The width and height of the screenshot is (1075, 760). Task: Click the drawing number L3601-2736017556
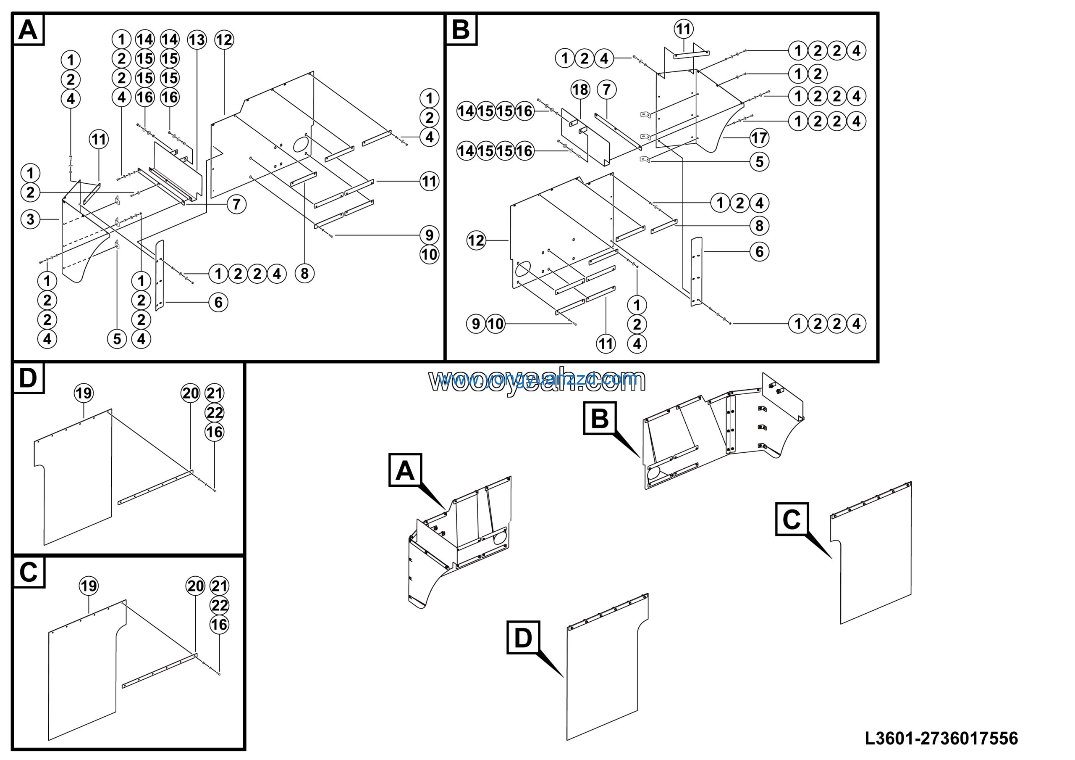click(x=941, y=739)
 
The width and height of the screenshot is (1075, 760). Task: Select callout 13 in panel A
click(x=197, y=40)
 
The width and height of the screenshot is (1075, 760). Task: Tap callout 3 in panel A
click(x=30, y=219)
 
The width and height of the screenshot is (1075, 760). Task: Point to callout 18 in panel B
click(x=580, y=90)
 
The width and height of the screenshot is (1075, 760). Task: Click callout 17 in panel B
click(x=759, y=138)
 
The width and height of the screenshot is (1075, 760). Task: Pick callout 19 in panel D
click(x=84, y=393)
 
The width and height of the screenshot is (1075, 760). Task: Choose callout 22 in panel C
click(x=219, y=605)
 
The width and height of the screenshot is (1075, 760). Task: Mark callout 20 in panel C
click(x=195, y=586)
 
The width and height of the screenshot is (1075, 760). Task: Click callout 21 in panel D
click(x=215, y=393)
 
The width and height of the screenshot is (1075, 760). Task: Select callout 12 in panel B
click(x=476, y=241)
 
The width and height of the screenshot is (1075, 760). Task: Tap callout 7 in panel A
click(x=236, y=204)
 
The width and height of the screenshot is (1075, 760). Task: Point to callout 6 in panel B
click(x=759, y=252)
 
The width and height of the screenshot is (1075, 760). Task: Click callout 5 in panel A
click(x=117, y=339)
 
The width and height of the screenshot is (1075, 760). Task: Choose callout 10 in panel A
click(x=429, y=255)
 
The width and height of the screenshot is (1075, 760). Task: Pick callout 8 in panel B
click(x=759, y=226)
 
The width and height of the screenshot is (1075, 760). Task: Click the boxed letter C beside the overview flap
click(x=791, y=519)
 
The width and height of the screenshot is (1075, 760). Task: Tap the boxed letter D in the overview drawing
click(x=523, y=638)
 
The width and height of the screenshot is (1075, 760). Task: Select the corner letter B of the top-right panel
click(x=461, y=29)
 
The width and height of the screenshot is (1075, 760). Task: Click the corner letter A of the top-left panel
click(x=28, y=29)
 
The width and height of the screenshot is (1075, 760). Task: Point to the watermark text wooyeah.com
click(x=537, y=380)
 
